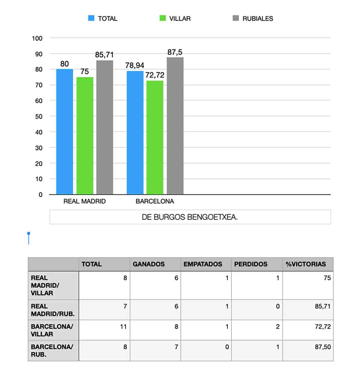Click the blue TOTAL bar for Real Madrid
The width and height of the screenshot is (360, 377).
pyautogui.click(x=64, y=132)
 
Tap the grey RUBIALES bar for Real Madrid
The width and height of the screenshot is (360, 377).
pyautogui.click(x=105, y=128)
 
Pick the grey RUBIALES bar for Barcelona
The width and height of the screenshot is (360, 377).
pyautogui.click(x=175, y=126)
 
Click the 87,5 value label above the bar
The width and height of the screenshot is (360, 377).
pyautogui.click(x=175, y=52)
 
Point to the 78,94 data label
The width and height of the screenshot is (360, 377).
pyautogui.click(x=135, y=65)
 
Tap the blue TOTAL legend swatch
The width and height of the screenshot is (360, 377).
pyautogui.click(x=91, y=18)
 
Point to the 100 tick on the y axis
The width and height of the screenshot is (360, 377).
pyautogui.click(x=37, y=38)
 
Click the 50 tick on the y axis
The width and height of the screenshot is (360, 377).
pyautogui.click(x=39, y=116)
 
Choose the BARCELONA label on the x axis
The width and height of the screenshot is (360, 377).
pyautogui.click(x=155, y=201)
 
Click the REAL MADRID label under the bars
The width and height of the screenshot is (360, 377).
pyautogui.click(x=84, y=201)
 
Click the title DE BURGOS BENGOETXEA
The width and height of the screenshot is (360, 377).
pyautogui.click(x=190, y=217)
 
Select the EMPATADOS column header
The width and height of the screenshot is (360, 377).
pyautogui.click(x=203, y=264)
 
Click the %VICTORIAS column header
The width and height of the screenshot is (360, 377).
pyautogui.click(x=306, y=264)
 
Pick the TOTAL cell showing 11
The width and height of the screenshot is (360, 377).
pyautogui.click(x=123, y=327)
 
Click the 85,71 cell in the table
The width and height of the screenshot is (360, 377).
pyautogui.click(x=322, y=306)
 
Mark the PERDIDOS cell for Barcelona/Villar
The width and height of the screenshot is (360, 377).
pyautogui.click(x=277, y=327)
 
